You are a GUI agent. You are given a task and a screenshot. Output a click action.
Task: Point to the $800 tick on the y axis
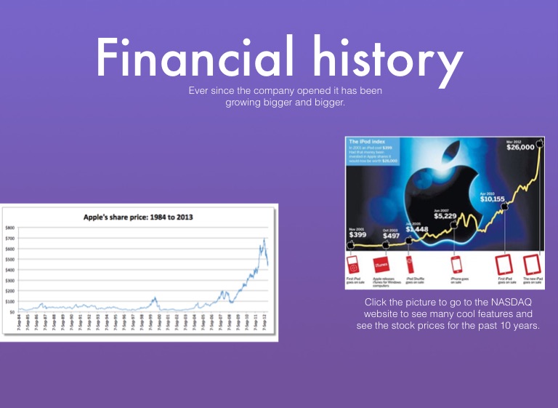(x=9, y=228)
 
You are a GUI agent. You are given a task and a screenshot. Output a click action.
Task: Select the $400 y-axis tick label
(x=9, y=270)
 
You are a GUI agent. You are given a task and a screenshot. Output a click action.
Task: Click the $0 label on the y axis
(x=12, y=312)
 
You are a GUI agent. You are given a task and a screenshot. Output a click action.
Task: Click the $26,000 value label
(x=519, y=148)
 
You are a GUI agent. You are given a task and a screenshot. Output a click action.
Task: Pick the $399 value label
(x=357, y=235)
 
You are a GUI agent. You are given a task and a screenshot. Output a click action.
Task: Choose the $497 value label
(x=392, y=236)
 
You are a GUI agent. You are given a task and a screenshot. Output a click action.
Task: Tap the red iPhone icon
(x=457, y=264)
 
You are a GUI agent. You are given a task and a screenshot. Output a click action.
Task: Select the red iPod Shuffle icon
(x=411, y=264)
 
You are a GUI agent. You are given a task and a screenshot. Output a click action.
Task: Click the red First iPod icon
(x=353, y=264)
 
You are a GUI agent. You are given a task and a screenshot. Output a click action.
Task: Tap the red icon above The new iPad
(x=530, y=264)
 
